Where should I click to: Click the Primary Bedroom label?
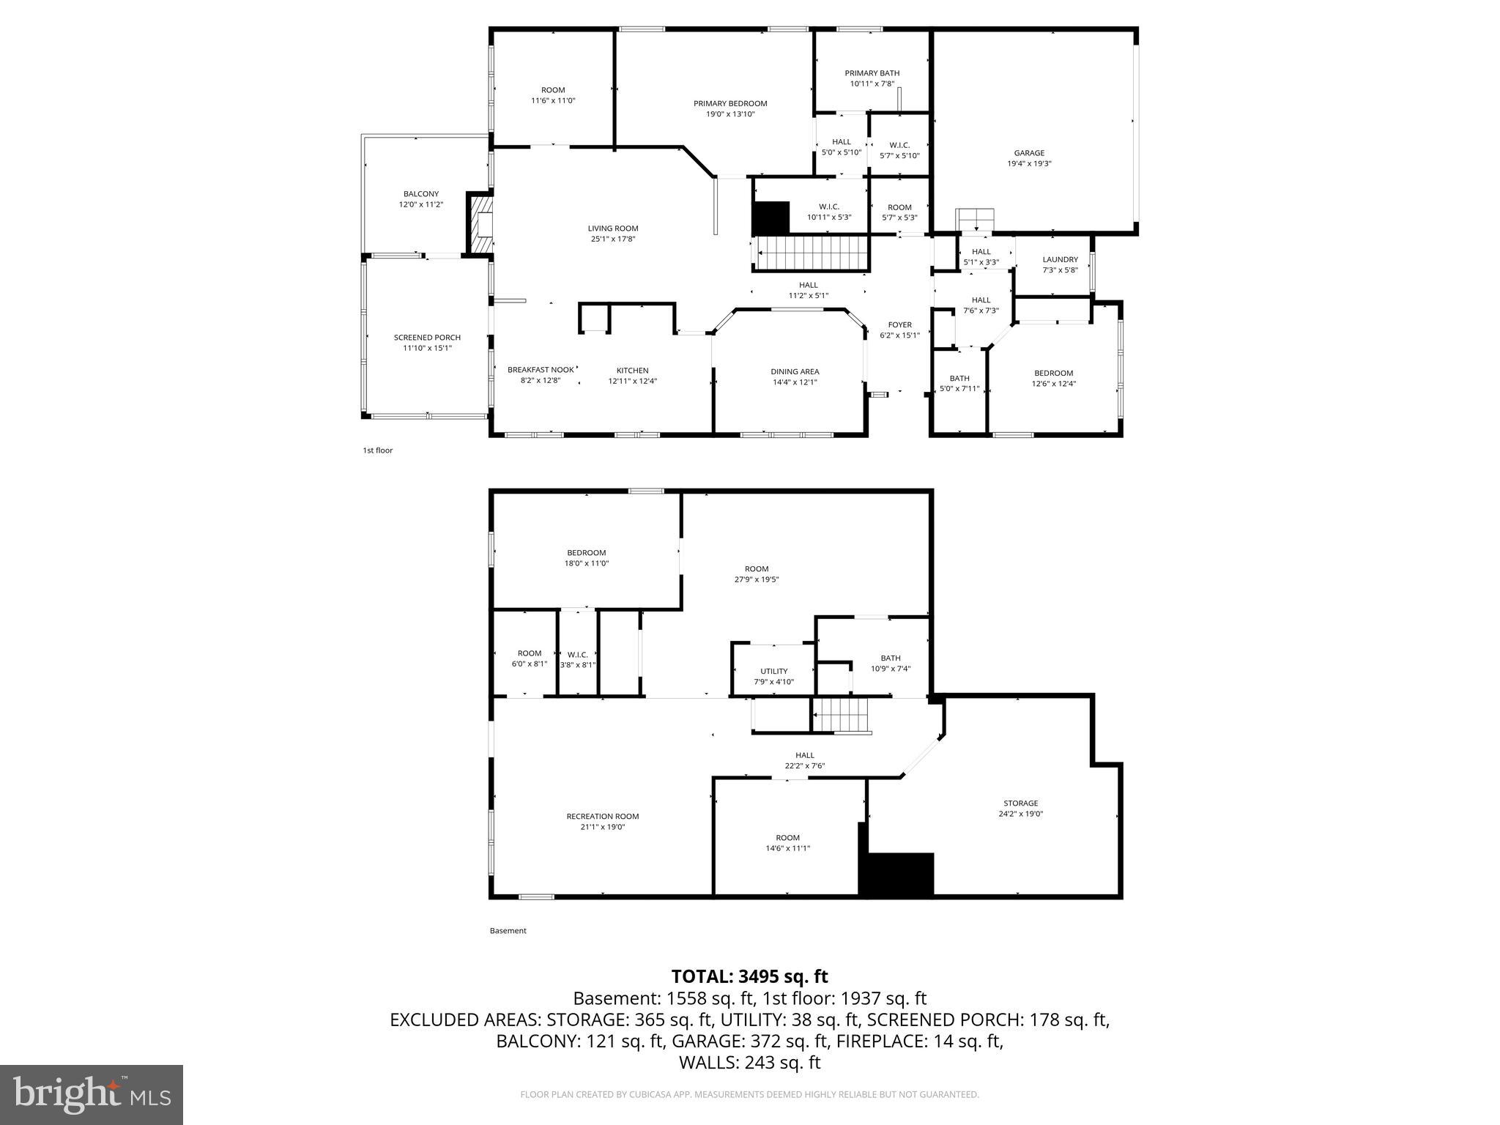(730, 104)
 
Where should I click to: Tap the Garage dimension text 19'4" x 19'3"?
(1029, 164)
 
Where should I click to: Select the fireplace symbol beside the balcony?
(480, 225)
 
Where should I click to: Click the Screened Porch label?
(427, 338)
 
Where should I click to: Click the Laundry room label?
(1060, 259)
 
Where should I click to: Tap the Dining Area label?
(795, 371)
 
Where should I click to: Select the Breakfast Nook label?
(541, 370)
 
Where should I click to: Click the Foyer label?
(899, 325)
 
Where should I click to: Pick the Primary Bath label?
(872, 73)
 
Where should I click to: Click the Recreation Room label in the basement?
(602, 817)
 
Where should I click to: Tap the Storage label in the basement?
(1020, 803)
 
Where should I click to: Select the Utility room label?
(773, 671)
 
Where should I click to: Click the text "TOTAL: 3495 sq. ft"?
(749, 976)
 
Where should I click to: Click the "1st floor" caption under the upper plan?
(377, 450)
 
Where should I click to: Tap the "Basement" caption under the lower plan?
(508, 931)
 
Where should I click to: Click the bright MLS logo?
(92, 1095)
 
